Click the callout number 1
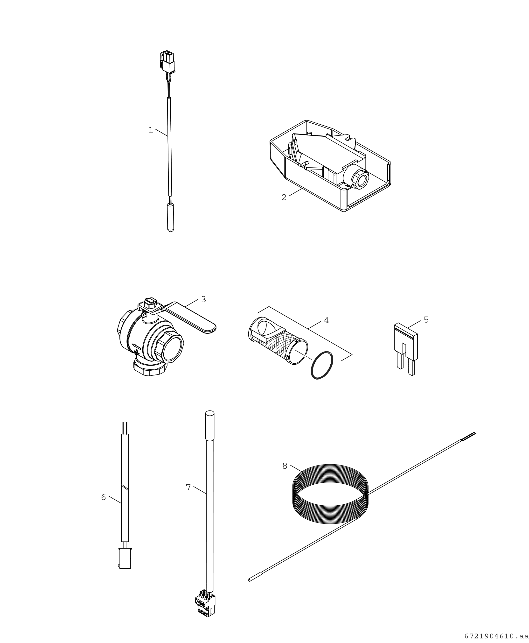151,130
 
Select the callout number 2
284,198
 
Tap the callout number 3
203,299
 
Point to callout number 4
326,320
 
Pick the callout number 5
426,320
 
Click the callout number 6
104,497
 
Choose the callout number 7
188,488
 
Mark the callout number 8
285,466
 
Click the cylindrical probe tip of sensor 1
171,217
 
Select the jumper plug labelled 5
406,349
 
